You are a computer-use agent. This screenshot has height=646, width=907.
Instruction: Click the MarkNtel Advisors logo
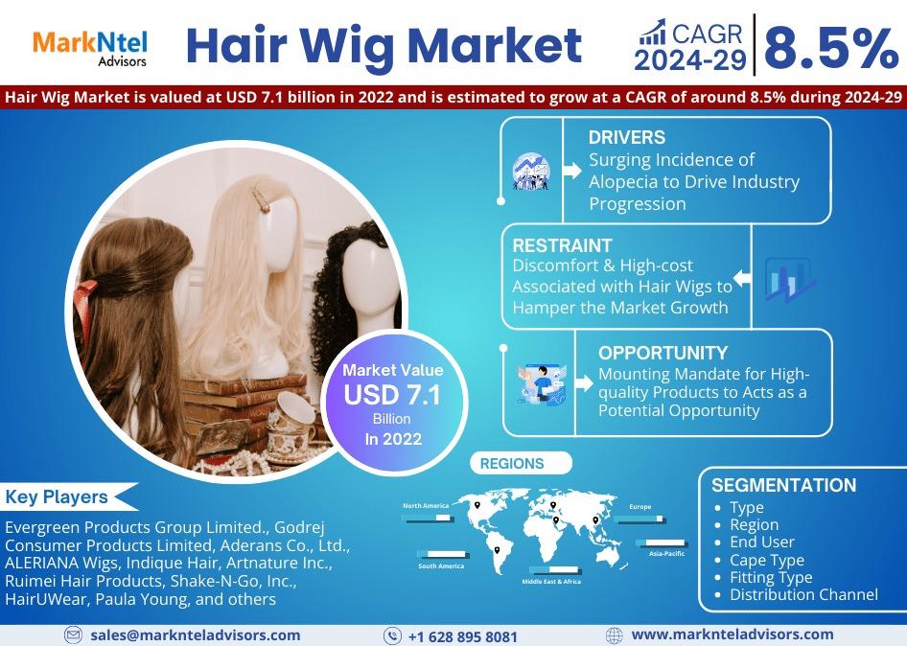(90, 49)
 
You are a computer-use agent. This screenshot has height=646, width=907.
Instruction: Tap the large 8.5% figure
(831, 49)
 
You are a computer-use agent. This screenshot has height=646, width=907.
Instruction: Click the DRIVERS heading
(626, 137)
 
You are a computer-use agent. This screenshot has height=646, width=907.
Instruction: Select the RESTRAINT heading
(562, 245)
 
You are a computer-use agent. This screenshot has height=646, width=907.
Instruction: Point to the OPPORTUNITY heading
(663, 353)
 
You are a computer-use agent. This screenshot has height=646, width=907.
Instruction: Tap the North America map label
(426, 505)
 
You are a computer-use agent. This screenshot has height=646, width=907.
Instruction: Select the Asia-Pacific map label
(666, 553)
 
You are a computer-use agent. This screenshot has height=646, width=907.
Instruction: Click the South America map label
(441, 566)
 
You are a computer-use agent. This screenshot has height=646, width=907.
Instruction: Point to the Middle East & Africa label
(551, 581)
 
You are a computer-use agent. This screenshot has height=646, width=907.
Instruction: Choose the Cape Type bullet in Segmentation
(766, 560)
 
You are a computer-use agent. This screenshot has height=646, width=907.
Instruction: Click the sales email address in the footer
(195, 635)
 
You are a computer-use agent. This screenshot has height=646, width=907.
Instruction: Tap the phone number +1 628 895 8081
(463, 636)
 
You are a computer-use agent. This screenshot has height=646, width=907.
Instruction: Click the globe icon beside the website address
(614, 635)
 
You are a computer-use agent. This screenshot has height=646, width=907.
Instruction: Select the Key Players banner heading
(57, 496)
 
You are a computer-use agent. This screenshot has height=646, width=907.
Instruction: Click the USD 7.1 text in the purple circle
(392, 395)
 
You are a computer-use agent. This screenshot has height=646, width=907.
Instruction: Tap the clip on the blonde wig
(261, 196)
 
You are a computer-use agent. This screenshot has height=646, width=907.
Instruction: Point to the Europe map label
(640, 507)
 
